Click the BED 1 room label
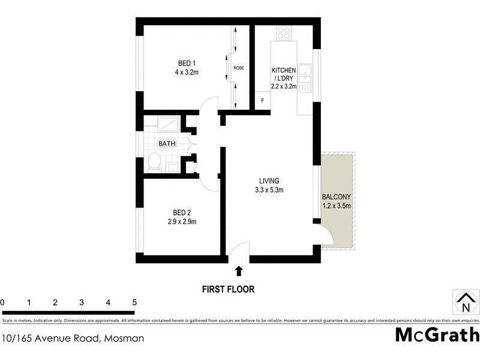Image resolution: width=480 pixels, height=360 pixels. point(186,64)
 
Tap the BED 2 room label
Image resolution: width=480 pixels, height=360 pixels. point(181,212)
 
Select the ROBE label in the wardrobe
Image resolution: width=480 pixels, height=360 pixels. point(239,68)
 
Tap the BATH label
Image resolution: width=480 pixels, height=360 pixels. point(166,144)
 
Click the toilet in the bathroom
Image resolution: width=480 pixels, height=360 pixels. point(154,161)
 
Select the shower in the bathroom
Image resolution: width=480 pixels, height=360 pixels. point(169,124)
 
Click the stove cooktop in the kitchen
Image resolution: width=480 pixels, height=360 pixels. point(284,33)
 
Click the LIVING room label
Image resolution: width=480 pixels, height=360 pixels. point(269,181)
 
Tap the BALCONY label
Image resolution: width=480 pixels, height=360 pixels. point(337,197)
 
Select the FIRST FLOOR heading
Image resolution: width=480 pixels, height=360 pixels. point(227,289)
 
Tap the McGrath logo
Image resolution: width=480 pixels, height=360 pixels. point(437,335)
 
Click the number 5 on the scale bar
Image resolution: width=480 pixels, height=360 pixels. point(134,302)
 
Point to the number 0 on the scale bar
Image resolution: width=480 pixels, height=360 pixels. point(2,302)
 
